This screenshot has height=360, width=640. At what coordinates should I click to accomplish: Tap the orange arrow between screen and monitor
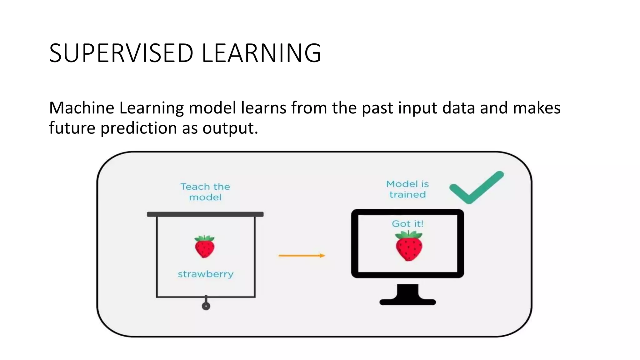point(302,256)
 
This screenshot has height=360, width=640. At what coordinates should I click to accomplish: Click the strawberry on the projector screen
point(205,247)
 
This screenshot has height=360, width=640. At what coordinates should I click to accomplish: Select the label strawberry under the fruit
point(206,274)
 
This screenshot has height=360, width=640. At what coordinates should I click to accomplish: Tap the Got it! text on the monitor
point(407,224)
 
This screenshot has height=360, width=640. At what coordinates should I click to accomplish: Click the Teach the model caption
point(205,192)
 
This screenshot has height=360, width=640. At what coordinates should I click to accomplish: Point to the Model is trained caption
point(407,189)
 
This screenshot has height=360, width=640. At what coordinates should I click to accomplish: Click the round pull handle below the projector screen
point(206,306)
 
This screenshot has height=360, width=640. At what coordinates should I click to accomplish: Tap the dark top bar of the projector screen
point(205,214)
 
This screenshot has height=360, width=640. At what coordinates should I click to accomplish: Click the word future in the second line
point(72,128)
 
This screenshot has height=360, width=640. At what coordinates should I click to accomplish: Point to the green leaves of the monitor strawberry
point(408,235)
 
